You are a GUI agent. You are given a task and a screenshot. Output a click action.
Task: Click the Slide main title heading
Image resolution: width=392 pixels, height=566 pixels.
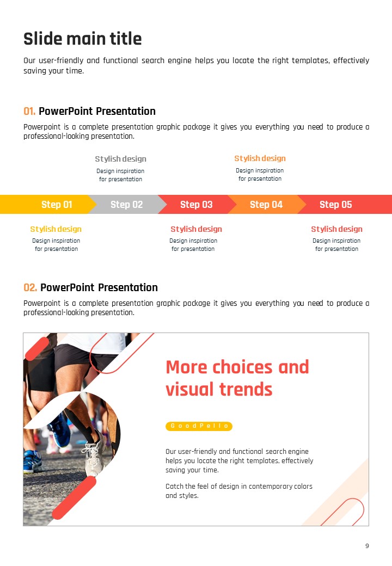pos(83,39)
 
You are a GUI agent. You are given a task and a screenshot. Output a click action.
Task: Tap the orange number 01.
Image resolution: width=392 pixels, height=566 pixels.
pos(29,111)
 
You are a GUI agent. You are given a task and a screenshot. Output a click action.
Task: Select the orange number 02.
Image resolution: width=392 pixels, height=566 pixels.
pos(30,287)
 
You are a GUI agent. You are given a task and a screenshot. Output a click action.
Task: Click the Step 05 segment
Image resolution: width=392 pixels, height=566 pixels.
pos(344,204)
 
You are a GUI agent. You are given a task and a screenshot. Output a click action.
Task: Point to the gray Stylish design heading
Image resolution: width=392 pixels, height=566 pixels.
pos(120,159)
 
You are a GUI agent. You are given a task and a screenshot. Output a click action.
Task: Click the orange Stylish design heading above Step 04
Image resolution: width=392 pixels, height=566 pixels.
pos(260,158)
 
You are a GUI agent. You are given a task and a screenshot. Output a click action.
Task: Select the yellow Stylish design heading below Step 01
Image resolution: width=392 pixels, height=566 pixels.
pos(56,229)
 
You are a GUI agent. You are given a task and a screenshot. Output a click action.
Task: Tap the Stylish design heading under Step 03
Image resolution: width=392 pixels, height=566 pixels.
pos(197,229)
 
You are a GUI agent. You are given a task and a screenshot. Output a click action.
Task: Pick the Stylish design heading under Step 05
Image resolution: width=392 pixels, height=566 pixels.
pos(337,229)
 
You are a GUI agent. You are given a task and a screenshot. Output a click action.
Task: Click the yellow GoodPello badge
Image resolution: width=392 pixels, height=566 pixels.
pos(199,426)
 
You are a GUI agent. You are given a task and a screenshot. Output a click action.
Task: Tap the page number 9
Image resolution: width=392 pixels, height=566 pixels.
pos(367,546)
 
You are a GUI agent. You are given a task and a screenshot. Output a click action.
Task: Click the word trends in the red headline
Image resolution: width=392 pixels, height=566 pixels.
pos(246,390)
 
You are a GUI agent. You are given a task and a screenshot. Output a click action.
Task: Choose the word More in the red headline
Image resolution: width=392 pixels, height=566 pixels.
pos(186,367)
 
